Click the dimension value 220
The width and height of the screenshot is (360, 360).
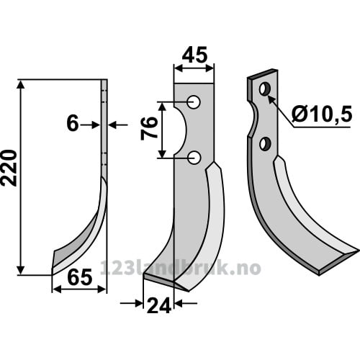pyautogui.click(x=9, y=168)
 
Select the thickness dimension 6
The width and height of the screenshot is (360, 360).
pyautogui.click(x=73, y=123)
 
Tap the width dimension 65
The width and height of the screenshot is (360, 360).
pyautogui.click(x=80, y=277)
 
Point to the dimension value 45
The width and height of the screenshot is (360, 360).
pyautogui.click(x=194, y=55)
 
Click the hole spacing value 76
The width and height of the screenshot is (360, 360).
pyautogui.click(x=149, y=128)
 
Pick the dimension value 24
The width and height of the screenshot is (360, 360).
pyautogui.click(x=159, y=305)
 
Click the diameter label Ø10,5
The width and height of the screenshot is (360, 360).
pyautogui.click(x=322, y=114)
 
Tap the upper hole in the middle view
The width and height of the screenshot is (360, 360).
pyautogui.click(x=194, y=102)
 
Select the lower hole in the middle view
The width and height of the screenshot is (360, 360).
pyautogui.click(x=194, y=158)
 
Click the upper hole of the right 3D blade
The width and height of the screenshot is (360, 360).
pyautogui.click(x=265, y=89)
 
